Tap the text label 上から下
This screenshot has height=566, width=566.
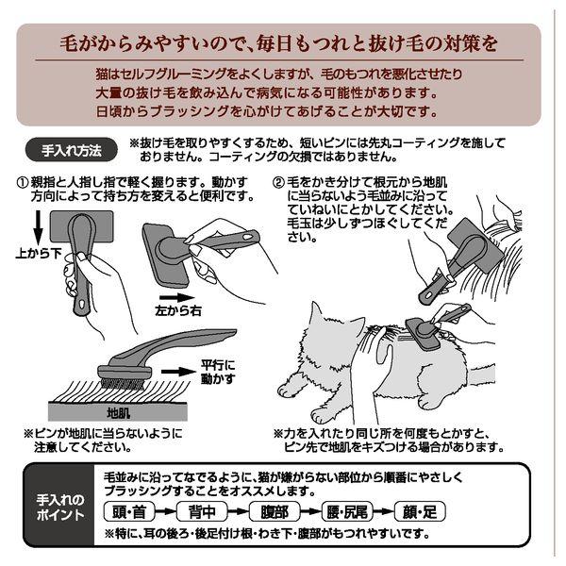[39, 254]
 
